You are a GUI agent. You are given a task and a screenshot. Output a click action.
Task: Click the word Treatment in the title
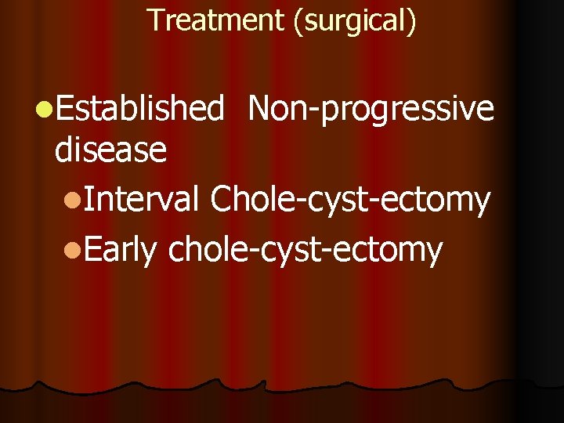click(x=216, y=20)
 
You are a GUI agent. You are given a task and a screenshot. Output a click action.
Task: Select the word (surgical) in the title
click(x=354, y=20)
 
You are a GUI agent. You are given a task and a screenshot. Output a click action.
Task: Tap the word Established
click(x=140, y=110)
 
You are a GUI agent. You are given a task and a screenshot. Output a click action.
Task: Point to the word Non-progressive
click(x=371, y=110)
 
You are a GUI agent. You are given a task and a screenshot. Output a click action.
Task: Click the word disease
click(x=110, y=149)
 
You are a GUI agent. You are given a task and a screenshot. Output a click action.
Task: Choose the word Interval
click(x=142, y=200)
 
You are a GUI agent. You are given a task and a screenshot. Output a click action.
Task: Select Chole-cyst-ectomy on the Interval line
click(x=350, y=201)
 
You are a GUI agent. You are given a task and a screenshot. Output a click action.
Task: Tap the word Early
click(x=121, y=251)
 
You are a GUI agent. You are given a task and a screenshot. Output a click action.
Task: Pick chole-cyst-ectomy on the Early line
click(x=305, y=251)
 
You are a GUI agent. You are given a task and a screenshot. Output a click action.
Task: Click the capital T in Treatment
click(x=154, y=20)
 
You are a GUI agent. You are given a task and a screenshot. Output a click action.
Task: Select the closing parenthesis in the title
click(x=412, y=21)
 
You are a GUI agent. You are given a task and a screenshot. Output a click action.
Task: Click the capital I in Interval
click(x=88, y=200)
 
